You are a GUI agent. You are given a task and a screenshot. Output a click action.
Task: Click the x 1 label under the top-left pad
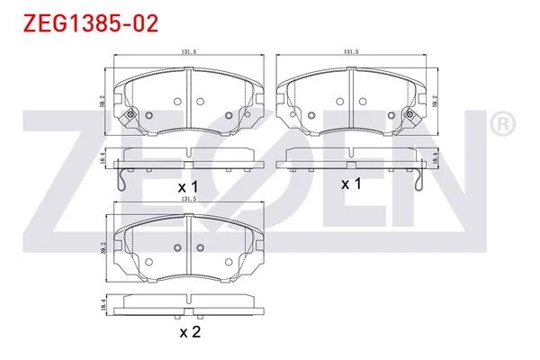pos(188,186)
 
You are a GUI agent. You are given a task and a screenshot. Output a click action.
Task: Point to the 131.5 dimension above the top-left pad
pos(188,53)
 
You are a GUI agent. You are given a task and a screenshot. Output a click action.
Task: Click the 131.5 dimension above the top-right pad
pos(351,53)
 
